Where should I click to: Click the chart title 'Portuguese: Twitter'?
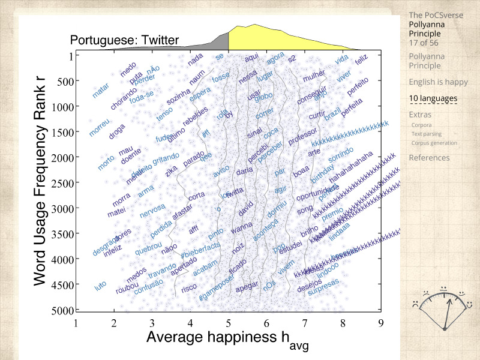124,41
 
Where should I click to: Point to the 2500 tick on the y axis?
64,182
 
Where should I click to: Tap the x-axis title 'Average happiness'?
214,337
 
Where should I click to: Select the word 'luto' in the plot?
100,287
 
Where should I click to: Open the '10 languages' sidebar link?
433,98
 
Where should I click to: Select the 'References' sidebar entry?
428,158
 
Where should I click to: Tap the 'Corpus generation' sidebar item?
434,143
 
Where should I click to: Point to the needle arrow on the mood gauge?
447,308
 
